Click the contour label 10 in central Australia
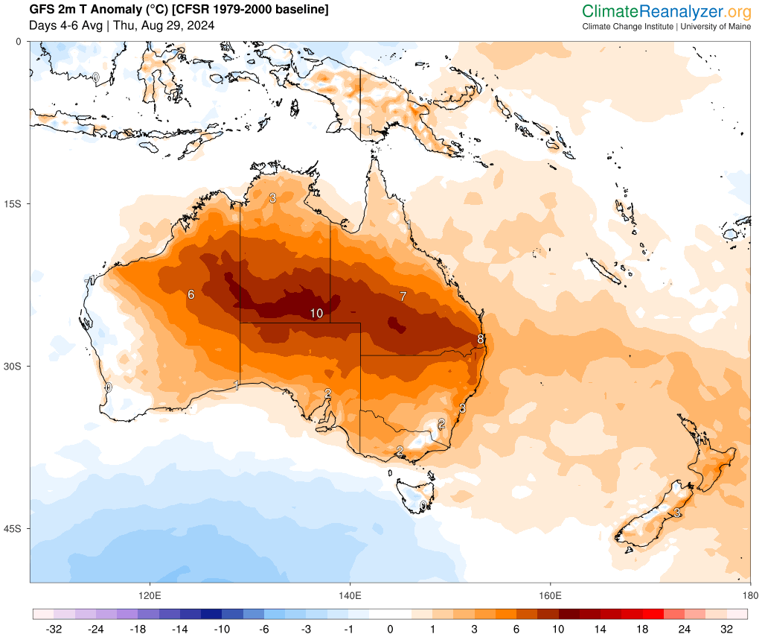(x=316, y=314)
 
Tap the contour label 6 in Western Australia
(x=191, y=294)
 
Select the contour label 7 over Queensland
(x=403, y=296)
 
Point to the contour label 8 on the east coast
(x=481, y=339)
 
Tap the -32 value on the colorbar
(x=53, y=629)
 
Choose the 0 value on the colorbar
(x=390, y=629)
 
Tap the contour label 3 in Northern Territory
(x=272, y=198)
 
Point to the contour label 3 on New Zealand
(x=677, y=513)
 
